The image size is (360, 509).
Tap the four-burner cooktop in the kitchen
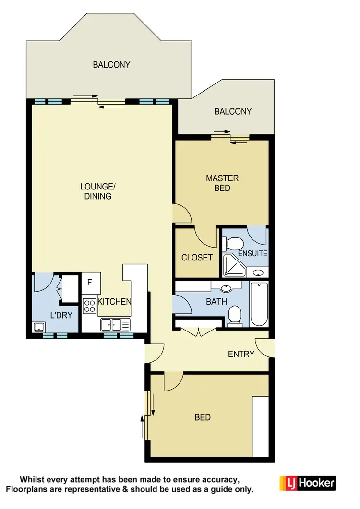pyautogui.click(x=90, y=306)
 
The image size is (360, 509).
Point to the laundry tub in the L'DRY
pyautogui.click(x=39, y=328)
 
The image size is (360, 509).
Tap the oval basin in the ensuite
pyautogui.click(x=258, y=273)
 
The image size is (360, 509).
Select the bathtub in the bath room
pyautogui.click(x=258, y=304)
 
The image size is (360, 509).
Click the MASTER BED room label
pyautogui.click(x=222, y=183)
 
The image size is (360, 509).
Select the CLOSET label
pyautogui.click(x=197, y=258)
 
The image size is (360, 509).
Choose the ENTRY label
pyautogui.click(x=241, y=354)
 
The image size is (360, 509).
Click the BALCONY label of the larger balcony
pyautogui.click(x=111, y=64)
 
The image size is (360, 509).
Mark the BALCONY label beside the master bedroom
pyautogui.click(x=233, y=111)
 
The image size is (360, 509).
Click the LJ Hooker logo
pyautogui.click(x=307, y=483)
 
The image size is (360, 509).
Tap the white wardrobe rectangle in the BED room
pyautogui.click(x=261, y=426)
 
